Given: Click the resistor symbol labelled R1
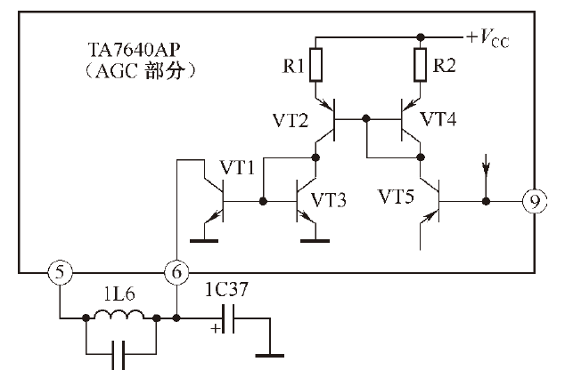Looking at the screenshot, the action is pos(315,65).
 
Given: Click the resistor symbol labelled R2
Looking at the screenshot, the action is pos(420,65).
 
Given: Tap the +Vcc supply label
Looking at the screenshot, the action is pos(487,38).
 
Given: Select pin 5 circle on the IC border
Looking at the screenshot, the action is pos(61,272).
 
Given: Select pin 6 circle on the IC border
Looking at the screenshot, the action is pos(176,272).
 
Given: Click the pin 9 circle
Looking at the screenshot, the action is pos(535,201).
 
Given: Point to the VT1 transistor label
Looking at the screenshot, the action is pos(237,167).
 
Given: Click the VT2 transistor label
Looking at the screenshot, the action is pos(291,120).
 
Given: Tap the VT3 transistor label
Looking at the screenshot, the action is pos(328,200).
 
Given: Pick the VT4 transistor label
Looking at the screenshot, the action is pos(438,119).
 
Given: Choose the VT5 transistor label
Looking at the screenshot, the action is pos(396,197).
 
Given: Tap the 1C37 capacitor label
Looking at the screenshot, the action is pos(226,289).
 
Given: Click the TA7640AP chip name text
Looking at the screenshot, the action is pos(134,51).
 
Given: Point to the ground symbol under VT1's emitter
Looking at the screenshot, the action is pos(204,240).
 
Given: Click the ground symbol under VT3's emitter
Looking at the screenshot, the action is pos(315,240).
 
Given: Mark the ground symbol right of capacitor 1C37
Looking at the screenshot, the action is pos(269,356).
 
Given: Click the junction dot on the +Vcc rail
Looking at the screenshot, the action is pos(420,36).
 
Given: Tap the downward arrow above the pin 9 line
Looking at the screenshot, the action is pos(486,164).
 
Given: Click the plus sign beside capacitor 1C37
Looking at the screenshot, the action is pos(216,329).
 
